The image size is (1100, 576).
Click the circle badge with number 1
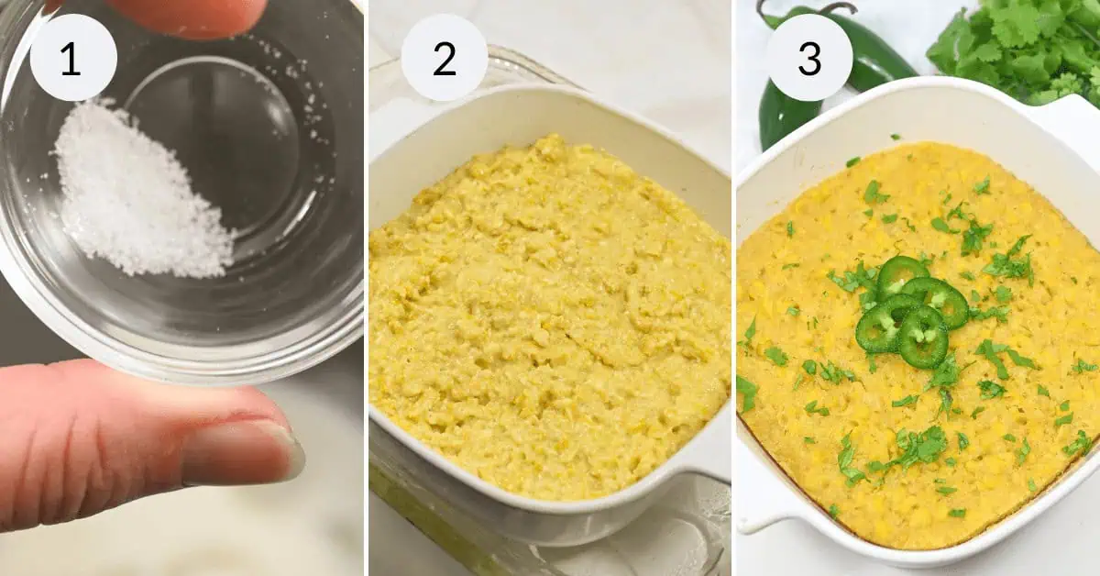click(73, 58)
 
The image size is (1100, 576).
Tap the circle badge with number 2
click(444, 58)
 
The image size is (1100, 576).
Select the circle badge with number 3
click(808, 58)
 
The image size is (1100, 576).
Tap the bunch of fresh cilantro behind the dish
click(1017, 46)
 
